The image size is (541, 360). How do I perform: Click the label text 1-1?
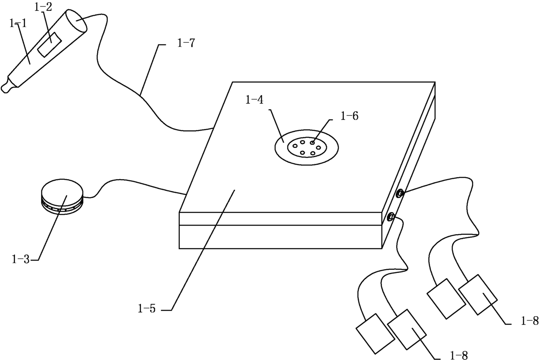pyautogui.click(x=18, y=24)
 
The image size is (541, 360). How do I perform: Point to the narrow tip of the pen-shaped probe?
pyautogui.click(x=6, y=87)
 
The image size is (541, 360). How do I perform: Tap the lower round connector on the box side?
pyautogui.click(x=391, y=216)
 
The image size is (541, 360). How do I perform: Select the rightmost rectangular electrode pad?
pyautogui.click(x=478, y=294)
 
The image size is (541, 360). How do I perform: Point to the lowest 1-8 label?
pyautogui.click(x=458, y=356)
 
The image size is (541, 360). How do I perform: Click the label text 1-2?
pyautogui.click(x=44, y=7)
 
